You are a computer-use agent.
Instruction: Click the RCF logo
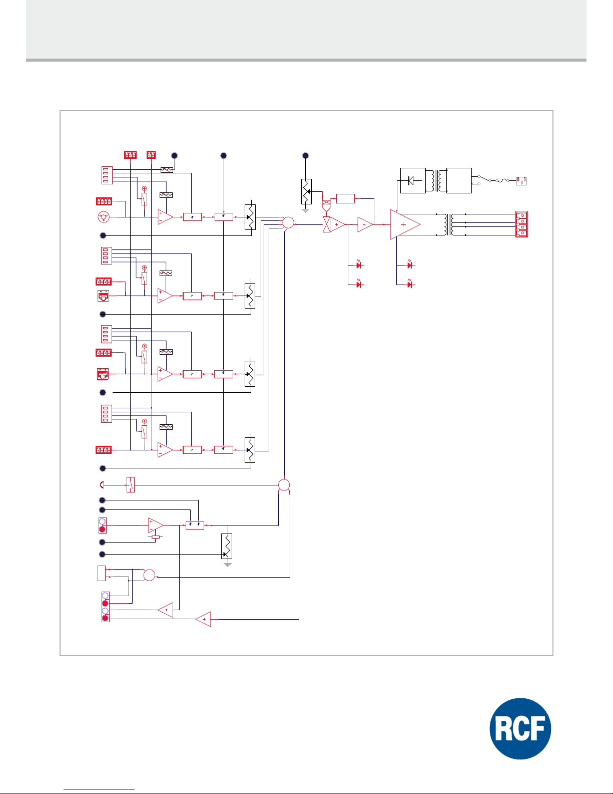(520, 728)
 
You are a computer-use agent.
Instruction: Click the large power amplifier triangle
(404, 224)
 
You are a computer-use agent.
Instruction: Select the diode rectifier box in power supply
(413, 180)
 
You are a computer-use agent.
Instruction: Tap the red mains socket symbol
(521, 181)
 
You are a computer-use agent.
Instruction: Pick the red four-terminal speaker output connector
(521, 224)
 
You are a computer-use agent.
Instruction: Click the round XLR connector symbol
(104, 217)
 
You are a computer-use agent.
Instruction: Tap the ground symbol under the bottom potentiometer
(228, 565)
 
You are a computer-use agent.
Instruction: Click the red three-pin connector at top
(130, 155)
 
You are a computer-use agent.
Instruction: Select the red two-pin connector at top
(151, 155)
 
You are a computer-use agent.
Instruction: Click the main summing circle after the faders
(288, 222)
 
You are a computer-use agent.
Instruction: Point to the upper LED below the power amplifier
(410, 264)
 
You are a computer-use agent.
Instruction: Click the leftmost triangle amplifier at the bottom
(166, 610)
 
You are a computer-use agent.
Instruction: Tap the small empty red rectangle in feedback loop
(345, 198)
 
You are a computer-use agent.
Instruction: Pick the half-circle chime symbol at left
(102, 485)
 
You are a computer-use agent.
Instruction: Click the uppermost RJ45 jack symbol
(104, 296)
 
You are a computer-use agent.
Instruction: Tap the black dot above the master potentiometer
(306, 156)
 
